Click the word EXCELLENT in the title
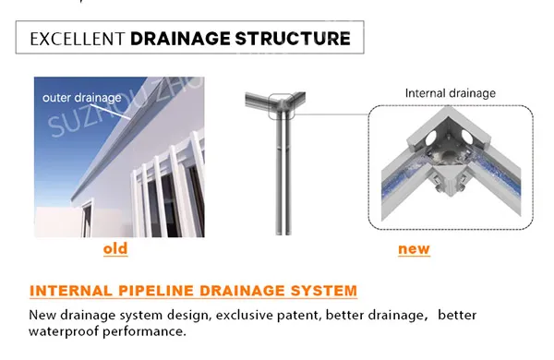point(78,39)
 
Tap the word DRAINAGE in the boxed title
point(180,39)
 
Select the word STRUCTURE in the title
point(293,39)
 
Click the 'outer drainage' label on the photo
point(81,98)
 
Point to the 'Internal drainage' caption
point(451,93)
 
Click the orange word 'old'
point(115,248)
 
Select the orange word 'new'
point(414,249)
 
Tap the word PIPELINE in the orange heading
point(156,291)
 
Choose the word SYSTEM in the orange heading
point(324,291)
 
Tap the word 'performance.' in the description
point(144,331)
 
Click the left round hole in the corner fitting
point(431,138)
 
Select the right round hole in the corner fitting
point(466,137)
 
